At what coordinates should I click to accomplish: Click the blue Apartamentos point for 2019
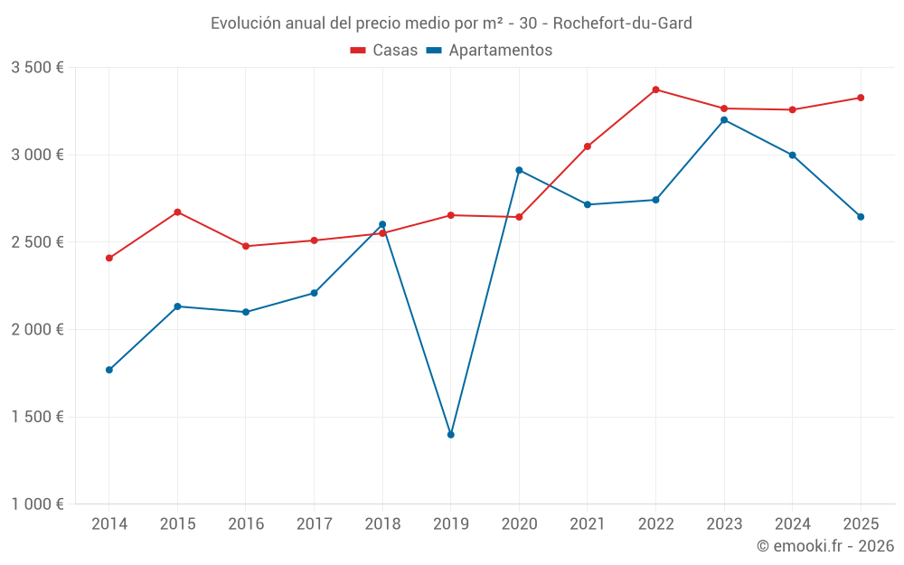[450, 435]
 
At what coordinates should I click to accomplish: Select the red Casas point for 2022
[655, 89]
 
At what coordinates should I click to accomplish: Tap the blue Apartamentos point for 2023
[724, 119]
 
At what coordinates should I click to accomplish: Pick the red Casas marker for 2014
[109, 259]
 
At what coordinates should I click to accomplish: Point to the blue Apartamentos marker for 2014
[109, 370]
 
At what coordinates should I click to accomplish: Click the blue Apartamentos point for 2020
[519, 170]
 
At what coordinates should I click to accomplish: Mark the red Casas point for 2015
[177, 212]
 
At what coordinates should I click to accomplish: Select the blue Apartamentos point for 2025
[861, 217]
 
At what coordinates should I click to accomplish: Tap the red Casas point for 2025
[861, 98]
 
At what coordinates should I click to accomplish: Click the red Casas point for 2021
[588, 146]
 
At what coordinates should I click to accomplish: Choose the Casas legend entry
[384, 51]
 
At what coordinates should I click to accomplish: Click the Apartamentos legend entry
[489, 51]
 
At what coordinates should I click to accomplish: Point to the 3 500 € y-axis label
[37, 68]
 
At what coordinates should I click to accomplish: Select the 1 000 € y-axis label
[37, 504]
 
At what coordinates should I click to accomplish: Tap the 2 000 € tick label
[37, 330]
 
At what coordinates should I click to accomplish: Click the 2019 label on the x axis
[450, 523]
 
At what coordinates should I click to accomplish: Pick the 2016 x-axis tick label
[246, 523]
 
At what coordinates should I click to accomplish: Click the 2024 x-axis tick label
[792, 523]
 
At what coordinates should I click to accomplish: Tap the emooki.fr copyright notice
[824, 546]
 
